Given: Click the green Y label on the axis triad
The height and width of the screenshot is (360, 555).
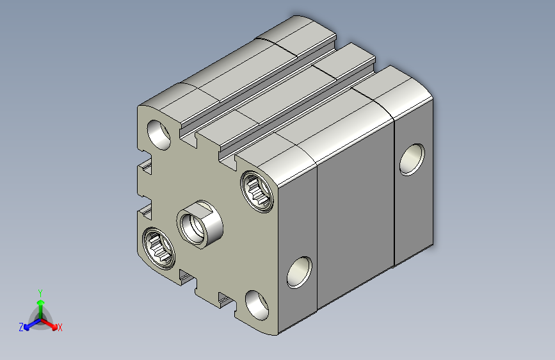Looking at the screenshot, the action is coord(40,293).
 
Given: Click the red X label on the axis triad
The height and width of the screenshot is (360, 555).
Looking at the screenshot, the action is coord(60,327).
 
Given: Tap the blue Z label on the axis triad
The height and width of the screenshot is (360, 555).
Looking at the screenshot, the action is coord(21,327).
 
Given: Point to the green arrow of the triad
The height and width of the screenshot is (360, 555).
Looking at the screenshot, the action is coord(41,309).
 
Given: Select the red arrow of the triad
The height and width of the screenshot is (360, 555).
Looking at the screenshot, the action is coord(49,323).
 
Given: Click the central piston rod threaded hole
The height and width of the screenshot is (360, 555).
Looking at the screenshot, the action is coord(193,227).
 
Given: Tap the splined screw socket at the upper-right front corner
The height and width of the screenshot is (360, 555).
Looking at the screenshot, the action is coord(257,192).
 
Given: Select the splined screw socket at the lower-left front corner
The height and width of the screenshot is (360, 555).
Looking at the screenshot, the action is coord(159,247).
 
